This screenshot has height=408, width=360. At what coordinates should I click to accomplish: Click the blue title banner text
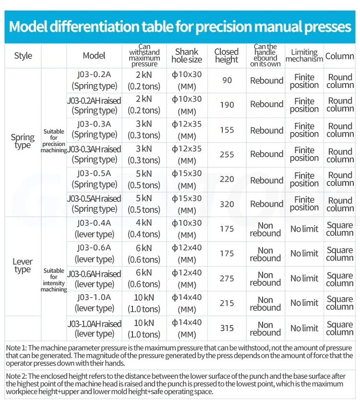180,26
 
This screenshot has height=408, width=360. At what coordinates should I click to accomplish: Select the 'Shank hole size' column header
187,56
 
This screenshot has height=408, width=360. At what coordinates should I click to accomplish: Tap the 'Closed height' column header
227,56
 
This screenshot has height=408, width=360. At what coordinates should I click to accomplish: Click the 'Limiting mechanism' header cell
304,56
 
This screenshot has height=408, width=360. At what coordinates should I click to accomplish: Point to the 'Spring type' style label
23,141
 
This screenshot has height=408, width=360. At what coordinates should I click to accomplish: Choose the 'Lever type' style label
23,265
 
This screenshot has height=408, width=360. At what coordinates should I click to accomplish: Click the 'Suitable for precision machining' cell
54,141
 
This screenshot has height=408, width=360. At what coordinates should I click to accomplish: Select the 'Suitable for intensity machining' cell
54,280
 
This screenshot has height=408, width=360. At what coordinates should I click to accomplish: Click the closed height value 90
227,81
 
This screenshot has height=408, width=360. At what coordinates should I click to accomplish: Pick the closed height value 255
227,155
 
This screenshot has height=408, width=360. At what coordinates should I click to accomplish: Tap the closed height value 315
227,328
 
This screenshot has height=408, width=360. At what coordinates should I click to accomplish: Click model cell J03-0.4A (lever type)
95,228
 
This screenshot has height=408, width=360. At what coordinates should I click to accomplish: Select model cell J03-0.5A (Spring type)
95,179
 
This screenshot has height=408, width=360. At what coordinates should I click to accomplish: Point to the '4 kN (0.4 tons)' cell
144,228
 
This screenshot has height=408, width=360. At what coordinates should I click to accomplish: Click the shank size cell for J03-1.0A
187,303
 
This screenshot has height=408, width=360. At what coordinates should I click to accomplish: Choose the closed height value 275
227,278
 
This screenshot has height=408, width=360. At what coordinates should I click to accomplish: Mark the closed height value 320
227,204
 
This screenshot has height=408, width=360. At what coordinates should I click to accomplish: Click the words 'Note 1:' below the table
16,348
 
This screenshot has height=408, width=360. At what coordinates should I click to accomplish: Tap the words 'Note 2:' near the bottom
16,376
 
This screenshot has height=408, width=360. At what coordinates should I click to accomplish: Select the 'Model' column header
94,56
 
